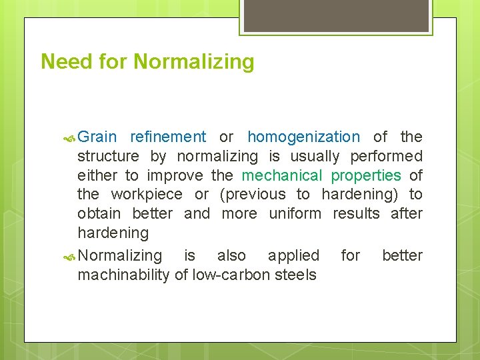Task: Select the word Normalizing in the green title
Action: pos(194,62)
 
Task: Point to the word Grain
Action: pos(97,137)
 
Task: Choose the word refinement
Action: pos(168,137)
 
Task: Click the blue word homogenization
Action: pos(303,137)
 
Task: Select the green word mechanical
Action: pos(281,175)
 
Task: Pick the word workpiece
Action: pos(146,195)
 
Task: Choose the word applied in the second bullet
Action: pos(293,256)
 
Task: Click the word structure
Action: pos(109,157)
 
